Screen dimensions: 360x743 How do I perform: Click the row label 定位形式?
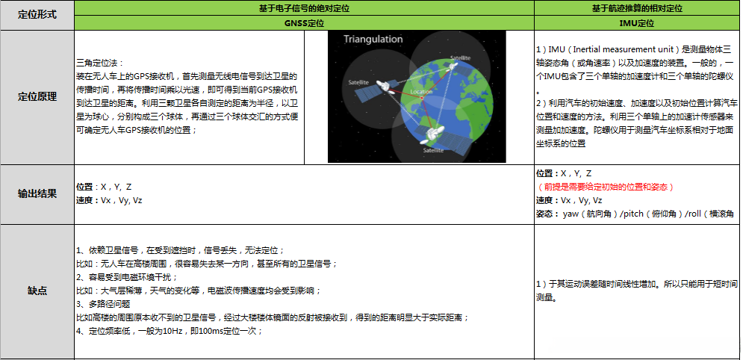tap(37, 15)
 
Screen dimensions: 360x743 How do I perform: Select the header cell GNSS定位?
tap(305, 23)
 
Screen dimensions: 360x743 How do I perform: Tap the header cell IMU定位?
tap(637, 23)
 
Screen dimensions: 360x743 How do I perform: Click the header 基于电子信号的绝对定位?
tap(305, 8)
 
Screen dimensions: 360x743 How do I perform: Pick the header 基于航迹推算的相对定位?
tap(637, 8)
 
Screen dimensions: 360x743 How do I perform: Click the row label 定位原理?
tap(37, 97)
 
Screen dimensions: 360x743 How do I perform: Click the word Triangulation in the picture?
tap(373, 39)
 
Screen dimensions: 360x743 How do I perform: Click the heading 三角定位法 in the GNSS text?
tap(101, 63)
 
